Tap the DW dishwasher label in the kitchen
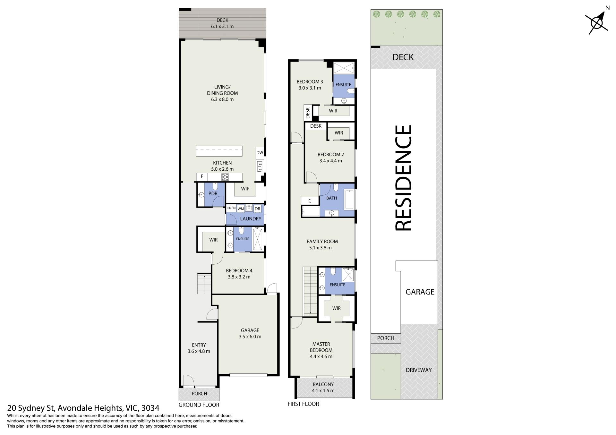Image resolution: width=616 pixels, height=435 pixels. click(260, 153)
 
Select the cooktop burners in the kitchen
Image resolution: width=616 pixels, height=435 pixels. click(225, 177)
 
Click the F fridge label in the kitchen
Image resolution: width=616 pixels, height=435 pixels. click(202, 176)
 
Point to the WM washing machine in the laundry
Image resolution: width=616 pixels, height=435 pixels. click(241, 209)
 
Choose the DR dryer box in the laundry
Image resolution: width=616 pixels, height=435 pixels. click(257, 209)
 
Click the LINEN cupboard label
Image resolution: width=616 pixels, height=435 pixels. click(231, 208)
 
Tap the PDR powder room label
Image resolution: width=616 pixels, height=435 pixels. click(213, 193)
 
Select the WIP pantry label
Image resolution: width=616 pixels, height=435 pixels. click(245, 189)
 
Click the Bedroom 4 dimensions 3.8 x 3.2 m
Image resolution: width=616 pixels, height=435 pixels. click(239, 277)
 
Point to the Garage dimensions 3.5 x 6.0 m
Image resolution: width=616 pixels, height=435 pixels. click(250, 337)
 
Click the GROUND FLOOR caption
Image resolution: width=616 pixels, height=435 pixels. click(199, 405)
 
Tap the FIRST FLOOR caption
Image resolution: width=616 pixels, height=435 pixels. click(303, 404)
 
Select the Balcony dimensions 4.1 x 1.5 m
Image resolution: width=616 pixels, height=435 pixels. click(323, 390)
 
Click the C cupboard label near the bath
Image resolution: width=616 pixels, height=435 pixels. click(310, 201)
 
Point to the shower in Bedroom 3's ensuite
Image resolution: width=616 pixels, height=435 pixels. click(344, 68)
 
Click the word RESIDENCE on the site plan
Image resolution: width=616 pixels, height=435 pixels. click(403, 178)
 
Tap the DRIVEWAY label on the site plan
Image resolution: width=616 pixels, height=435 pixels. click(419, 370)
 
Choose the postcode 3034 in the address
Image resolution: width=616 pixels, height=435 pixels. click(150, 408)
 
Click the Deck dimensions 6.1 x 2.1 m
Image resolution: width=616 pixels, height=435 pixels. click(222, 26)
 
